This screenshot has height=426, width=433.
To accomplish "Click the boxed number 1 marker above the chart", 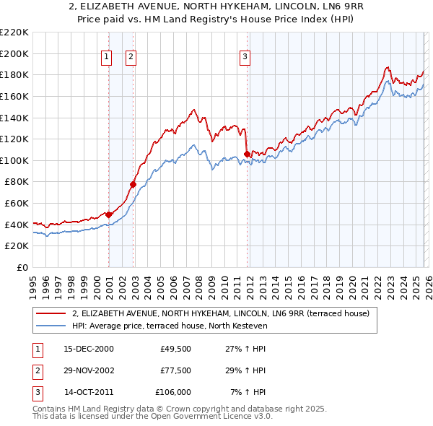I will [107, 57].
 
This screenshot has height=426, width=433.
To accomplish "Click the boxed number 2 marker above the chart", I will [131, 57].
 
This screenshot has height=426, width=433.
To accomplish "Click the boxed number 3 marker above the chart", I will [245, 57].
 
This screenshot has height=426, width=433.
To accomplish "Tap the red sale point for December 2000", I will [109, 214].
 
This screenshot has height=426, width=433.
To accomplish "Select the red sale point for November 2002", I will [134, 184].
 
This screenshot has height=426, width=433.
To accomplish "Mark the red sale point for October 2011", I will [248, 154].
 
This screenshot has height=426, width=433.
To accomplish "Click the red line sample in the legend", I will [51, 313].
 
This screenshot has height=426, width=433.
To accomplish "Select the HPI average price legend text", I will [170, 326].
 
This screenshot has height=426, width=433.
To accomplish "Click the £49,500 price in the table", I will [175, 349].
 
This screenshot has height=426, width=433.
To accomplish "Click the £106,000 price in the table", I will [173, 392].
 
